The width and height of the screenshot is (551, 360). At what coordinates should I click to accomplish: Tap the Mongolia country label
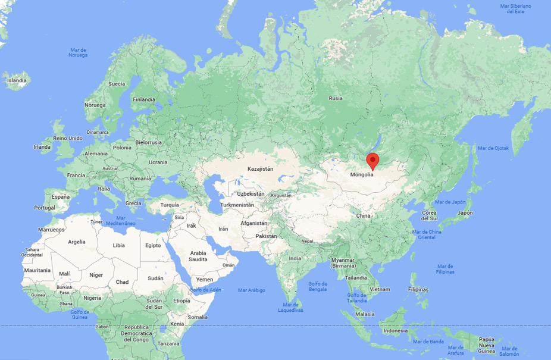pos(362,174)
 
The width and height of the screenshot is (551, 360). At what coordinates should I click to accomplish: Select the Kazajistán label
pos(261,169)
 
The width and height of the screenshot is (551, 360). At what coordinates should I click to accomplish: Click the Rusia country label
pos(336,98)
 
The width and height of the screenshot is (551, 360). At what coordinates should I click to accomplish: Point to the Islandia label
pos(16,80)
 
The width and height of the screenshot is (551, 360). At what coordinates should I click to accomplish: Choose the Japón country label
pos(465,212)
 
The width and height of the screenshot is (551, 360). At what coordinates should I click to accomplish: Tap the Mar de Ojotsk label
pos(494,148)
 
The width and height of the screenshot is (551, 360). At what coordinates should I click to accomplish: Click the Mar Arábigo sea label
pos(251,290)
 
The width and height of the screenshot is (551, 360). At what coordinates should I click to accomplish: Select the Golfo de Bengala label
pos(318,287)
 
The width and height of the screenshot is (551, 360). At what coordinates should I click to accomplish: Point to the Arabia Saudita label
pos(198,256)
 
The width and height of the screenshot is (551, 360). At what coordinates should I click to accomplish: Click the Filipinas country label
pos(418,289)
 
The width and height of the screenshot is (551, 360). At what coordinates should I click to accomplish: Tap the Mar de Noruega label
pos(78,52)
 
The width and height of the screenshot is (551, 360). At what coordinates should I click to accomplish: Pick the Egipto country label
pos(153,245)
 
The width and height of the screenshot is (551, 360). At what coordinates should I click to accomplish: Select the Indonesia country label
pos(396,330)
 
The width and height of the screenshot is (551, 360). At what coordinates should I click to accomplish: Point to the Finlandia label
pos(144,99)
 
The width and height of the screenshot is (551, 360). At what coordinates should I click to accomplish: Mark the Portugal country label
pos(45,208)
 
